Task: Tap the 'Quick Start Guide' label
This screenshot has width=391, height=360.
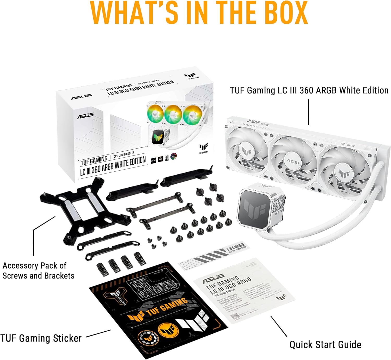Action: pos(325,344)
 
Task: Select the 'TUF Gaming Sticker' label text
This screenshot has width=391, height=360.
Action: pos(41,338)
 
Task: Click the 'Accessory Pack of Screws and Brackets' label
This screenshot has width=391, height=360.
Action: pos(38,271)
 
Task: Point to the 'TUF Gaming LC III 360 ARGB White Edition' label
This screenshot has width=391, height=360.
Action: pos(309,90)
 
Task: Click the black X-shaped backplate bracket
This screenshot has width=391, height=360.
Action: pos(83,208)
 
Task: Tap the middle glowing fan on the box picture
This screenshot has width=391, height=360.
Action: pos(173,114)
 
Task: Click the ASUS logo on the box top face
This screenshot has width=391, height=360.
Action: pos(81,97)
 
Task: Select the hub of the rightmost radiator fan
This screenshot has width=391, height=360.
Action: pos(344,173)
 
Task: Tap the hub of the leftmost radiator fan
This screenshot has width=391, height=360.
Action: pos(246,151)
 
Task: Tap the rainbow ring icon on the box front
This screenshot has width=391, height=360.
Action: pos(174,157)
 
